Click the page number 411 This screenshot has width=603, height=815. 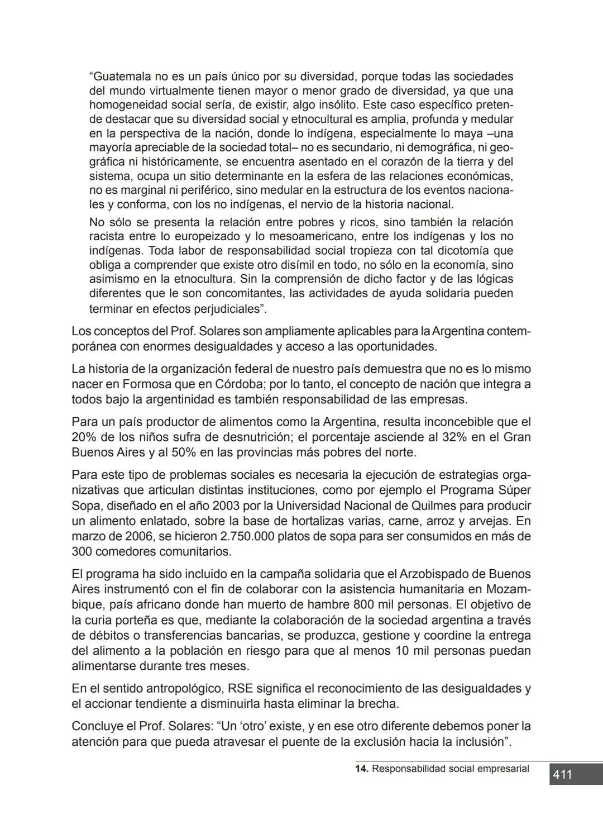coord(562,774)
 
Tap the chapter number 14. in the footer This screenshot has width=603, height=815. coord(362,769)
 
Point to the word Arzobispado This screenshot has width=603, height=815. coord(442,574)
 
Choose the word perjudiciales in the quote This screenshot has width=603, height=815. coord(226,309)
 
